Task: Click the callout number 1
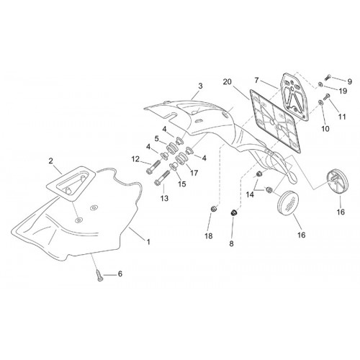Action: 148,242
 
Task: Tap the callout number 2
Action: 50,161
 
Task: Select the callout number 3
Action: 200,86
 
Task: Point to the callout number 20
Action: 227,82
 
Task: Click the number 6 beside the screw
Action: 120,274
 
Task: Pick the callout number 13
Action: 165,198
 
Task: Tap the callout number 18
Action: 209,236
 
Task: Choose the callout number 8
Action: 231,243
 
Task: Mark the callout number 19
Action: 343,91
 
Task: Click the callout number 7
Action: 256,80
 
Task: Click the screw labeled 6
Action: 100,275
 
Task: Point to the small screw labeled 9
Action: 328,78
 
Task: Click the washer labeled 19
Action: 320,84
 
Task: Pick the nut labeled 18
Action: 213,210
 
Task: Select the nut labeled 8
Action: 233,212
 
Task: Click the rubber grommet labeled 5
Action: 171,148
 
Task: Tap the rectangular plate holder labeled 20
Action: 275,122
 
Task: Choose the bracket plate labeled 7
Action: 295,98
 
